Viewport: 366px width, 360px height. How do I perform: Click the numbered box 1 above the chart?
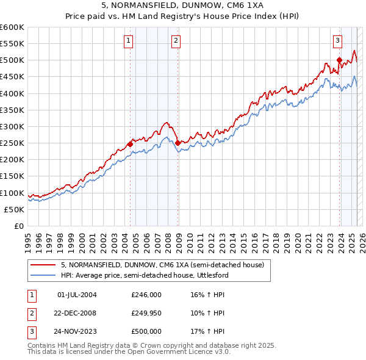click(129, 41)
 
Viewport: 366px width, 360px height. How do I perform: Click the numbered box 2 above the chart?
click(176, 41)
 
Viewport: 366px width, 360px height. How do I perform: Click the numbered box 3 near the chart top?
click(337, 41)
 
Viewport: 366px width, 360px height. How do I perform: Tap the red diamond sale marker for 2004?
click(130, 145)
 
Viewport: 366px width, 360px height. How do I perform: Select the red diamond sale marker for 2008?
click(178, 143)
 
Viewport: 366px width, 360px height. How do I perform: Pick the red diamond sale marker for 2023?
click(339, 60)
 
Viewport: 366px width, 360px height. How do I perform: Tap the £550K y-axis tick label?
click(12, 44)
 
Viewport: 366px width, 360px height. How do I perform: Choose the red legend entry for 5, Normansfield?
click(162, 265)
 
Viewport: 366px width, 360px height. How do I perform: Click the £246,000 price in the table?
click(146, 295)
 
